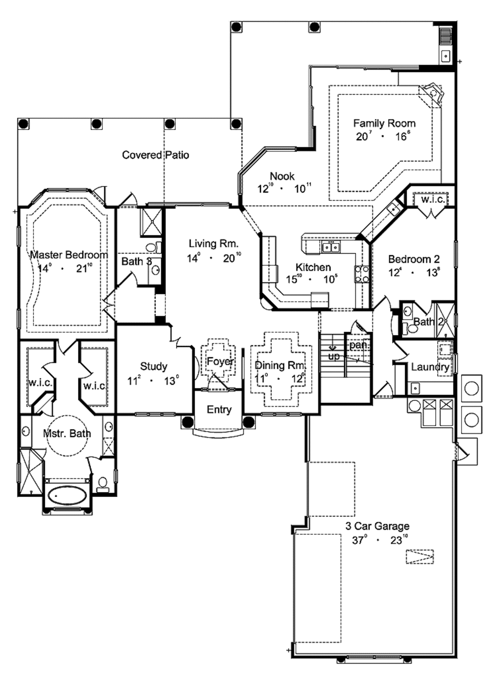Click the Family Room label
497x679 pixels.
(x=384, y=123)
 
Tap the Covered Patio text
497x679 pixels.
(x=155, y=155)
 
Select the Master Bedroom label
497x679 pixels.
(x=68, y=255)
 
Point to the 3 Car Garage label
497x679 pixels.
(x=377, y=526)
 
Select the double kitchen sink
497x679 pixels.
(x=332, y=248)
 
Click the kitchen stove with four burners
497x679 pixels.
(x=361, y=274)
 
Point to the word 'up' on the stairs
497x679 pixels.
(x=334, y=356)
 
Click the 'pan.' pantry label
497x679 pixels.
(x=358, y=345)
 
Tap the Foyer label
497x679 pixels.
(x=220, y=362)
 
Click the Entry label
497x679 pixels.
(x=219, y=409)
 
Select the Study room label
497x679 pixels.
(x=153, y=366)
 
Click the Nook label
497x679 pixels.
(x=282, y=176)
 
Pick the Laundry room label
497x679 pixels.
(x=430, y=367)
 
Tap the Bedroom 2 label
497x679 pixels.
(x=414, y=259)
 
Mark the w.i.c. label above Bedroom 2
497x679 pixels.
(x=432, y=199)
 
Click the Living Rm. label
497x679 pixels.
(x=214, y=244)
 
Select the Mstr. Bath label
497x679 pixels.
(x=66, y=433)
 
